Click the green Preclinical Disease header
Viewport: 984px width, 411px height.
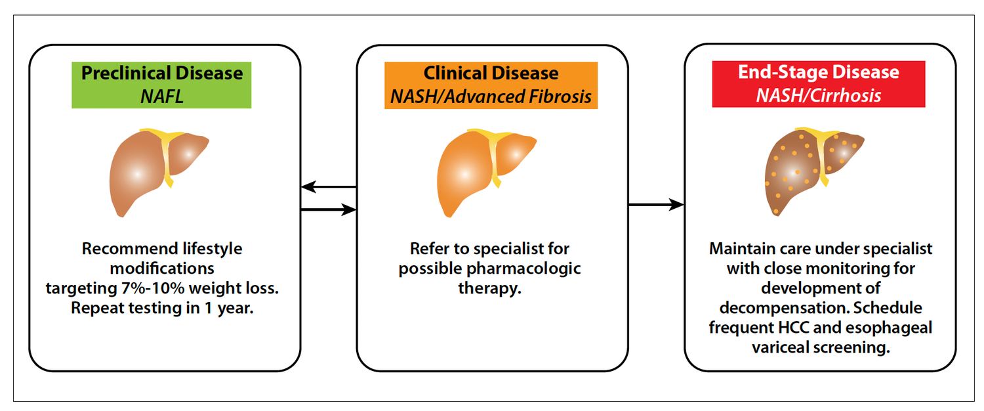[162, 85]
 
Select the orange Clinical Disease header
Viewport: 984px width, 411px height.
[491, 85]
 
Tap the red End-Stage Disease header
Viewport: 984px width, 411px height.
[819, 83]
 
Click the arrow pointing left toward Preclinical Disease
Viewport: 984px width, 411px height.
[328, 188]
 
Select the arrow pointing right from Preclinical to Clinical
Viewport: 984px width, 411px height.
[328, 210]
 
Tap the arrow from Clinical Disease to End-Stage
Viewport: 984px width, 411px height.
[656, 205]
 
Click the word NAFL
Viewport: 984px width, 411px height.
[162, 96]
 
